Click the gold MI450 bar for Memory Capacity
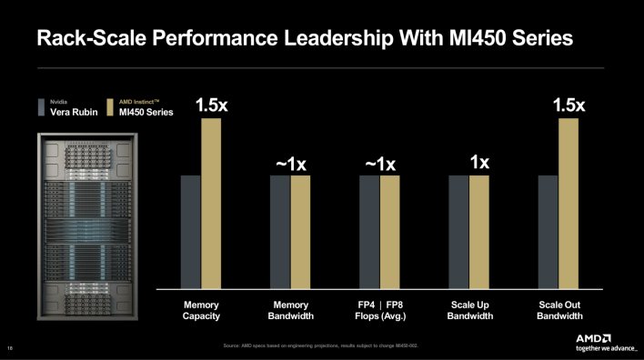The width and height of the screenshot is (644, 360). tap(211, 204)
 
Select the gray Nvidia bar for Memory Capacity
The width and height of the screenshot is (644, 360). tap(190, 232)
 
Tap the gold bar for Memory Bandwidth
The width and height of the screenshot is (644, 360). tap(300, 232)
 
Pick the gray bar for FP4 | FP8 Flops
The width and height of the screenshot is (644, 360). tap(369, 232)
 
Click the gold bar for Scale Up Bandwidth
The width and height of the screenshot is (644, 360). tap(479, 232)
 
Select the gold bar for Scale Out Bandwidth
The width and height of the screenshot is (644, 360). tap(569, 204)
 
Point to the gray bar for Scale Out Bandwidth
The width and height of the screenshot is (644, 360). tap(548, 232)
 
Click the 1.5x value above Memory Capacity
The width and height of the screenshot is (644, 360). tap(212, 105)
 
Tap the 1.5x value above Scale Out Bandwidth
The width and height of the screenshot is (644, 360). tap(569, 105)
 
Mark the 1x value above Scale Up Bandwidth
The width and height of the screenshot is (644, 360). tap(479, 163)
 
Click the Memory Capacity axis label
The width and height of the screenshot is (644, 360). tap(201, 310)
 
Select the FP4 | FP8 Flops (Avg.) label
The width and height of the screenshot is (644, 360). tap(380, 310)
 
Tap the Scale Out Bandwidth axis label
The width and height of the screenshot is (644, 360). tap(558, 310)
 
